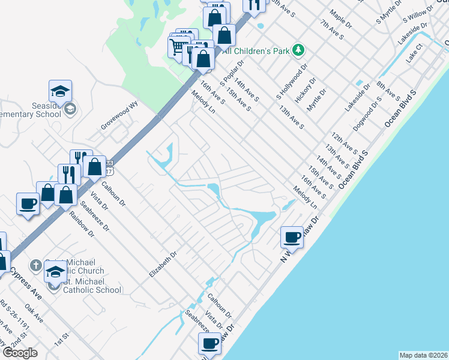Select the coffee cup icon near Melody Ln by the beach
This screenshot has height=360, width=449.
(292, 237)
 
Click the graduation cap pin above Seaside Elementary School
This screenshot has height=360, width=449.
(60, 91)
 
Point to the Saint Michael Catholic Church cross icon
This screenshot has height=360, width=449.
(35, 265)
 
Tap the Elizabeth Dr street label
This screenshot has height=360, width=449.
(163, 264)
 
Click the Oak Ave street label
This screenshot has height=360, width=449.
(34, 314)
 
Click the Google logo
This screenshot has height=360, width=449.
(20, 353)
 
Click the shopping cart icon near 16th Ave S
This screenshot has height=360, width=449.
(178, 46)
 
